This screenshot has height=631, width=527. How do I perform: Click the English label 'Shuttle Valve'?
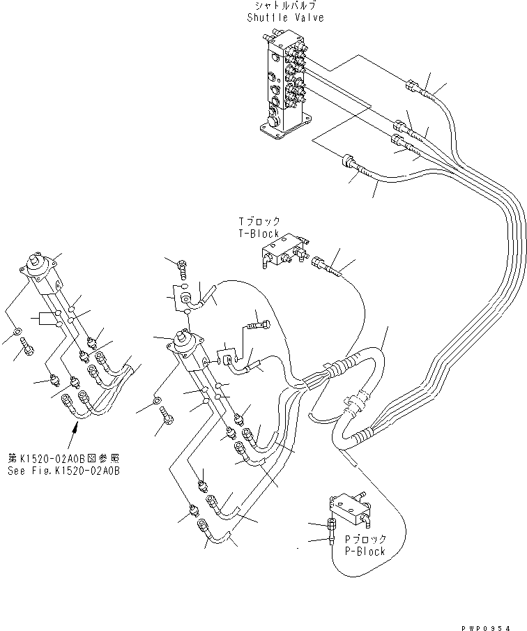point(285,17)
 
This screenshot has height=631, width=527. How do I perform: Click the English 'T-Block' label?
point(258,234)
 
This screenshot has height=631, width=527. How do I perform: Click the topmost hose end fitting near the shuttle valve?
point(413,88)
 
